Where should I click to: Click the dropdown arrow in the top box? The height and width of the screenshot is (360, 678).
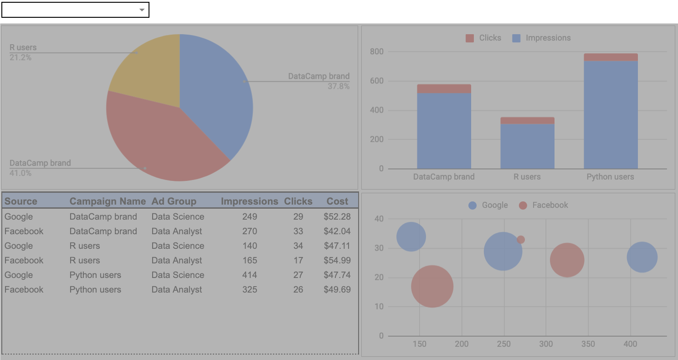[x=142, y=10]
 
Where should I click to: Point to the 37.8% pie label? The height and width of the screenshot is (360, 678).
[x=338, y=86]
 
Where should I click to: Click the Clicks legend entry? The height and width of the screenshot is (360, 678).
[x=483, y=38]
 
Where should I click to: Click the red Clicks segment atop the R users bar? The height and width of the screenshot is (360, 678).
[x=527, y=120]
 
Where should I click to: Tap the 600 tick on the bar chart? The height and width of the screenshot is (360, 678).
[x=377, y=81]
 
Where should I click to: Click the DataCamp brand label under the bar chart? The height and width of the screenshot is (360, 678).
[x=443, y=177]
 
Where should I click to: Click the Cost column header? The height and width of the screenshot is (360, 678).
[x=337, y=201]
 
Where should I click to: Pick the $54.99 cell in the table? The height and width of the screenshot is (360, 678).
[x=337, y=261]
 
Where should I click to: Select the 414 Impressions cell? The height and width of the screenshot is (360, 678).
[x=250, y=275]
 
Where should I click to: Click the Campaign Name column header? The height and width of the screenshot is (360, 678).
[x=108, y=201]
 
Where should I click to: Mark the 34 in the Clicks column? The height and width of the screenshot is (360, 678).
[x=298, y=246]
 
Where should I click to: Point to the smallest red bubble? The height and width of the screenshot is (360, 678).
[x=521, y=240]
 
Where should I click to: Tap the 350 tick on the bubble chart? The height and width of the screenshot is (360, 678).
[x=588, y=344]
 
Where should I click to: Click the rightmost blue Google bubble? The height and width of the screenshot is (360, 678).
[x=642, y=257]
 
